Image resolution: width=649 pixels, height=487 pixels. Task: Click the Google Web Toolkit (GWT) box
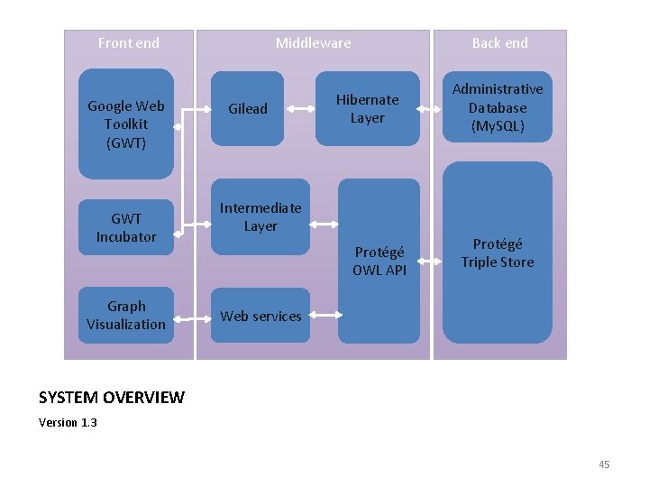126,124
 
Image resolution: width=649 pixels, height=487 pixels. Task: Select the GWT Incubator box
126,227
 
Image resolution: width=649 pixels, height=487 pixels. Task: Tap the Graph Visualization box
126,316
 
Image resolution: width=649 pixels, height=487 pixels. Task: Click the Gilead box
247,109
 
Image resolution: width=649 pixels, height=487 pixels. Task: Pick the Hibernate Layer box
367,109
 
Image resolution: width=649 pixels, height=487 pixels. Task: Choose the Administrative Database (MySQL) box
498,107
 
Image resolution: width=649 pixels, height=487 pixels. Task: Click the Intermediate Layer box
261,217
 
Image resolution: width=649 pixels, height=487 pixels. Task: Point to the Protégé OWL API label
379,262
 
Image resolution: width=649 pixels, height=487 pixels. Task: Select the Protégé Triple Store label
498,253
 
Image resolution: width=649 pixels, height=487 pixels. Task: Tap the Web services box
261,316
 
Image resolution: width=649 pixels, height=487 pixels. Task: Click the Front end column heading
128,43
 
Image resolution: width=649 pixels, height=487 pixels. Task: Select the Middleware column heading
313,43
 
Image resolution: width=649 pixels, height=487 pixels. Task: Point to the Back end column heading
499,43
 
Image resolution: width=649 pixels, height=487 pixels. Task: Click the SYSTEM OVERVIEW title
112,398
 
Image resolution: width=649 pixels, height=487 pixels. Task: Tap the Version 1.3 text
69,422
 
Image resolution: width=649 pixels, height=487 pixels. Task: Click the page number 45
604,464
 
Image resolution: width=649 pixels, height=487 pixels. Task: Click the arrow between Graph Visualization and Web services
191,317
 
